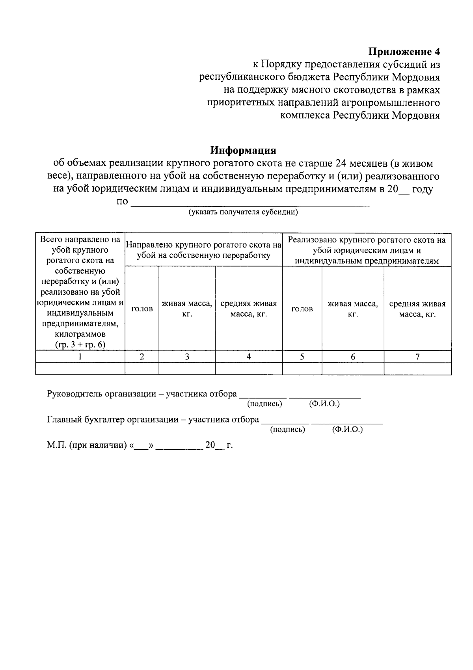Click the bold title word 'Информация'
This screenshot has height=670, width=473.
tap(243, 151)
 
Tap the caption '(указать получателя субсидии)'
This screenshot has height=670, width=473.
tap(243, 212)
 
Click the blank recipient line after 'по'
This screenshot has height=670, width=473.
tap(250, 203)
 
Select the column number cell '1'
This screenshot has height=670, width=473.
tap(80, 356)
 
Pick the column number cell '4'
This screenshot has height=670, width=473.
tap(248, 356)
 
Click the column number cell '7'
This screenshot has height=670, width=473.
tap(417, 356)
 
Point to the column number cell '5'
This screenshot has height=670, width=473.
tap(302, 356)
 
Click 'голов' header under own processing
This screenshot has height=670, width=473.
tap(142, 309)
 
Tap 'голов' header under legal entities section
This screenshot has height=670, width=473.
tap(302, 309)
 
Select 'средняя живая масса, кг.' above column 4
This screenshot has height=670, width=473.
tap(248, 309)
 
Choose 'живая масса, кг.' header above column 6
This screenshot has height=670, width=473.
tap(352, 309)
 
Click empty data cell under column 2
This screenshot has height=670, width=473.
tap(142, 368)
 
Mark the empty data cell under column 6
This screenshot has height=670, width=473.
tap(352, 368)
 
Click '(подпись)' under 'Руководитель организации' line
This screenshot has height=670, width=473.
tap(264, 404)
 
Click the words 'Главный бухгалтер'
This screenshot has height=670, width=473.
tap(86, 419)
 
